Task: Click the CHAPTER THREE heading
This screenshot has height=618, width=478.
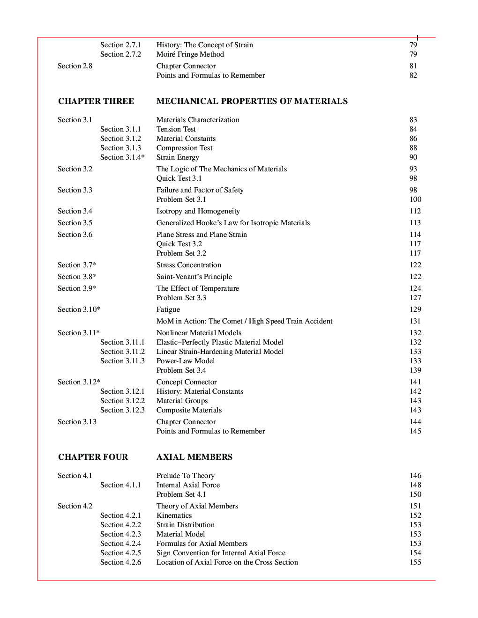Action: point(96,101)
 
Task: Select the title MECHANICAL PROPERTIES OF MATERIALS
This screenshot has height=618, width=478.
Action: point(252,101)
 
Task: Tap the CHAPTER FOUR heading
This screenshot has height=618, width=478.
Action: point(93,457)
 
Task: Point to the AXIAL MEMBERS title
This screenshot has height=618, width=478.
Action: point(194,457)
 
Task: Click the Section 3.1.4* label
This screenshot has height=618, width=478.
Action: point(122,157)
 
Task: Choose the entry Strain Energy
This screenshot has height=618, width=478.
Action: point(178,157)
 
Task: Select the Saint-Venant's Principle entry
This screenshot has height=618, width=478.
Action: point(194,277)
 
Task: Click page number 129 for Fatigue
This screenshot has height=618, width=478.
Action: point(415,309)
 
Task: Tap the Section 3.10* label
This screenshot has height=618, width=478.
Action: point(79,309)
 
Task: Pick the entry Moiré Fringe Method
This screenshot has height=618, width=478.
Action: point(190,54)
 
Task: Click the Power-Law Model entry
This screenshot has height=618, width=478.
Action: point(186,361)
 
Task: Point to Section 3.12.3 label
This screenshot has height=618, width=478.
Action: point(122,410)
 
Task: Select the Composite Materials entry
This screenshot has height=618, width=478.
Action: point(189,410)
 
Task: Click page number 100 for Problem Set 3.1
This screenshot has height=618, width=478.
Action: point(415,199)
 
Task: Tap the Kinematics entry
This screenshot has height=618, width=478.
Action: point(174,515)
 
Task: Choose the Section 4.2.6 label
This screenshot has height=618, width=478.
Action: point(120,562)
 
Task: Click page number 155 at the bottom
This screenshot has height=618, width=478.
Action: point(415,562)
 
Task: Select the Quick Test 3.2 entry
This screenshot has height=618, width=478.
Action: point(179,244)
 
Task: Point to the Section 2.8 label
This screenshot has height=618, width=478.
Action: point(75,66)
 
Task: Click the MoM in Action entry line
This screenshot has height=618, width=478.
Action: point(244,321)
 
